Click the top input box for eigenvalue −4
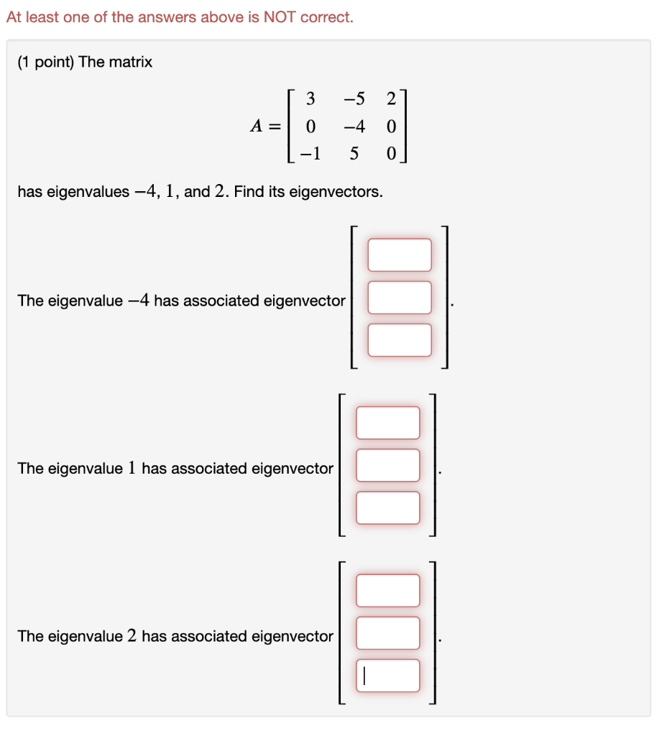(400, 255)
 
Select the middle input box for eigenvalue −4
(400, 298)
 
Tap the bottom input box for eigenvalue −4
(400, 340)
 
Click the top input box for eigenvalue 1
(388, 423)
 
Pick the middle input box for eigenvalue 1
(388, 465)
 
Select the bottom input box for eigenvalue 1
(388, 507)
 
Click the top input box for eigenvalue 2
(388, 590)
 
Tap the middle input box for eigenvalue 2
(388, 632)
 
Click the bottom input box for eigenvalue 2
(388, 675)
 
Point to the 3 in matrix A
(310, 98)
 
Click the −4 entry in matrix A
(354, 126)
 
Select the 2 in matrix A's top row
(391, 98)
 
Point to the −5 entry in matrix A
(354, 98)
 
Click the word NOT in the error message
(280, 17)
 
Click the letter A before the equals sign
(255, 126)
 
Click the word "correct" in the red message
(327, 17)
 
